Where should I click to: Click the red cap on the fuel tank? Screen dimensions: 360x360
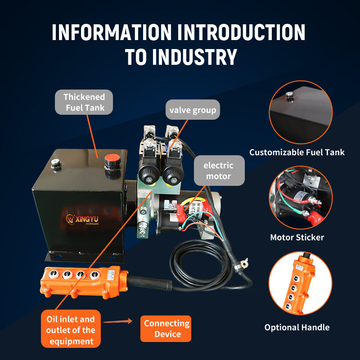tap(112, 158)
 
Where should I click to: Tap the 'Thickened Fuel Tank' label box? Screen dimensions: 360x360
tap(84, 102)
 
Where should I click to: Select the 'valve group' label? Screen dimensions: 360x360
tap(193, 110)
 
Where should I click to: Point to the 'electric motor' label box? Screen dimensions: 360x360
tap(219, 171)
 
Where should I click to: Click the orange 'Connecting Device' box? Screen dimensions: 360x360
tap(166, 328)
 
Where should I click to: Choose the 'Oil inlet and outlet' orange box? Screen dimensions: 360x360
tap(71, 329)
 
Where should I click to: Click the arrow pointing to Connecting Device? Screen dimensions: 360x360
tap(118, 321)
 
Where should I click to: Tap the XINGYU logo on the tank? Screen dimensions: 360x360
tap(82, 219)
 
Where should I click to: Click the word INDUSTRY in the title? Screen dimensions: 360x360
tap(195, 57)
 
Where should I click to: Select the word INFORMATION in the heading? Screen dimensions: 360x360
tap(112, 32)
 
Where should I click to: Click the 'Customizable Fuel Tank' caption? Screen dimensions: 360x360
tap(297, 152)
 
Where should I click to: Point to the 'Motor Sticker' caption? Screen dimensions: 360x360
tap(297, 237)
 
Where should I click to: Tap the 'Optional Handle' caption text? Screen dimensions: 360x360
tap(297, 327)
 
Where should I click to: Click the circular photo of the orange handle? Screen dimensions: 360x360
tap(300, 283)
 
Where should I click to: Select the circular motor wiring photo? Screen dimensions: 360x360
tap(301, 198)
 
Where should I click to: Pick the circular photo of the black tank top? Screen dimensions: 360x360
tap(301, 112)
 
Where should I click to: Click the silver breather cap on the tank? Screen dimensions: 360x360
tap(55, 163)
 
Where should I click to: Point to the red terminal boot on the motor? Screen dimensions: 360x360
tap(181, 213)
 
